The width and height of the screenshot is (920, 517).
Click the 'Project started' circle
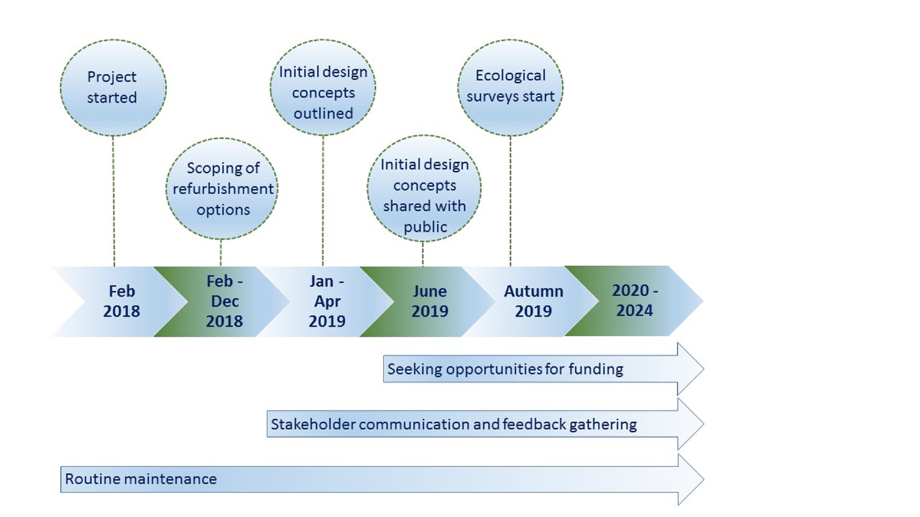[x=113, y=88]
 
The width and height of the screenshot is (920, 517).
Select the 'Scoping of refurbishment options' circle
[x=222, y=189]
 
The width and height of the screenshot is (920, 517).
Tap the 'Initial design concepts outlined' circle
[x=323, y=88]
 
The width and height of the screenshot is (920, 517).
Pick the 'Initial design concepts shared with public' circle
[x=424, y=189]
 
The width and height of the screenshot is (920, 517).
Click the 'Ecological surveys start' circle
[x=510, y=88]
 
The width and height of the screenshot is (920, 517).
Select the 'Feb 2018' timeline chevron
[x=120, y=302]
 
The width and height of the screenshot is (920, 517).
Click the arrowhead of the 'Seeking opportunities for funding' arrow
[x=690, y=369]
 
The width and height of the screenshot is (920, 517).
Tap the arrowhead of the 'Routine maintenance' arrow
[x=690, y=479]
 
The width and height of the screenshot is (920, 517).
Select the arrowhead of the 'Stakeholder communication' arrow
[x=690, y=424]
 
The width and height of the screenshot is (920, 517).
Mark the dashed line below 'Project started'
[x=114, y=201]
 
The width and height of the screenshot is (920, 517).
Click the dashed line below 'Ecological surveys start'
[x=510, y=201]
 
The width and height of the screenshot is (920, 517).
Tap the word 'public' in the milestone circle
[x=425, y=227]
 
